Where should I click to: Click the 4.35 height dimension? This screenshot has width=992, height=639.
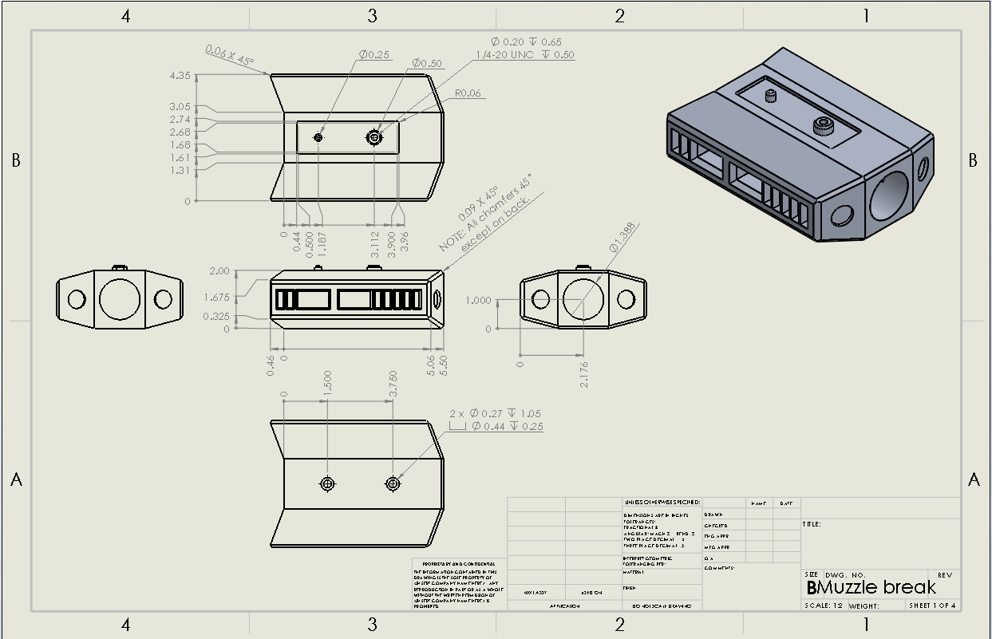point(180,76)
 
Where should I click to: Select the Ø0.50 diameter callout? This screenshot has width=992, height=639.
point(427,63)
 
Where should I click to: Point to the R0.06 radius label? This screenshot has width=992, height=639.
point(468,93)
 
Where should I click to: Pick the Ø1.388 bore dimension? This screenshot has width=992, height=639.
point(625,238)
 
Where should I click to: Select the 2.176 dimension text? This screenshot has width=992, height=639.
point(584,374)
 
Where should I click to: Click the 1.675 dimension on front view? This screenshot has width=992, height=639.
point(218,298)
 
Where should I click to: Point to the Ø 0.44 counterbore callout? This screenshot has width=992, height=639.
point(507,426)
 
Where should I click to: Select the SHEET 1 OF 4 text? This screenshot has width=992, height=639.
point(932,605)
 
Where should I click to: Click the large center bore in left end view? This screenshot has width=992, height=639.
point(120,299)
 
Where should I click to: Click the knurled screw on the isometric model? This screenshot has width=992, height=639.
point(823,125)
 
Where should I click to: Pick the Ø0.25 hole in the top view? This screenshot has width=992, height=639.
point(318,138)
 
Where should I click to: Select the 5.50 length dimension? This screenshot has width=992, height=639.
point(444,365)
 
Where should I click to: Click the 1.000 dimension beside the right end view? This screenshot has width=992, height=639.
point(478,301)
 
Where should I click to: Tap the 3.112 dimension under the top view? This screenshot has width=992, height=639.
point(375,240)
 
